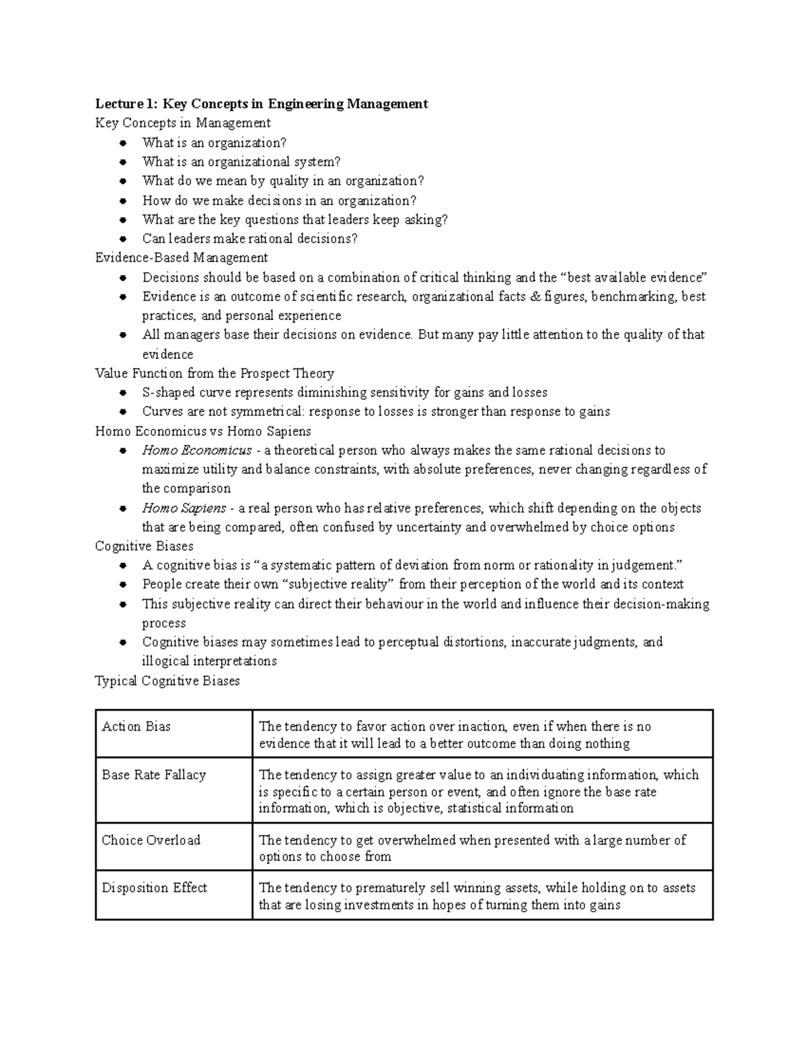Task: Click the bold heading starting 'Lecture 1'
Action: [x=262, y=104]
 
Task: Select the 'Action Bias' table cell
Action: [x=136, y=726]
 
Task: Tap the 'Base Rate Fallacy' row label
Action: [x=153, y=774]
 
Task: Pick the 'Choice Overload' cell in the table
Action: [x=151, y=840]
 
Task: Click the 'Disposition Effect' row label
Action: [x=154, y=887]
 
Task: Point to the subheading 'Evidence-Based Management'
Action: [x=182, y=257]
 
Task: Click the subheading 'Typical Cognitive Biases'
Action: [x=167, y=680]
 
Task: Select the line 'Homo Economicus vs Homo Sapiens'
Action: [x=203, y=431]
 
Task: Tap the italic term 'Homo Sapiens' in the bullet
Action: [x=184, y=508]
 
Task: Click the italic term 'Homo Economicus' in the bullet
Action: [x=196, y=450]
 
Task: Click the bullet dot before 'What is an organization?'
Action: [x=122, y=143]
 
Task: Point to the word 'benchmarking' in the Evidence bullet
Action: [x=634, y=296]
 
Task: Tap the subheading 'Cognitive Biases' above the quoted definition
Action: [x=144, y=546]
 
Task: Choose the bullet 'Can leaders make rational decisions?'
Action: [x=249, y=239]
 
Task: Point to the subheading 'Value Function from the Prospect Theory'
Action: [x=215, y=373]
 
